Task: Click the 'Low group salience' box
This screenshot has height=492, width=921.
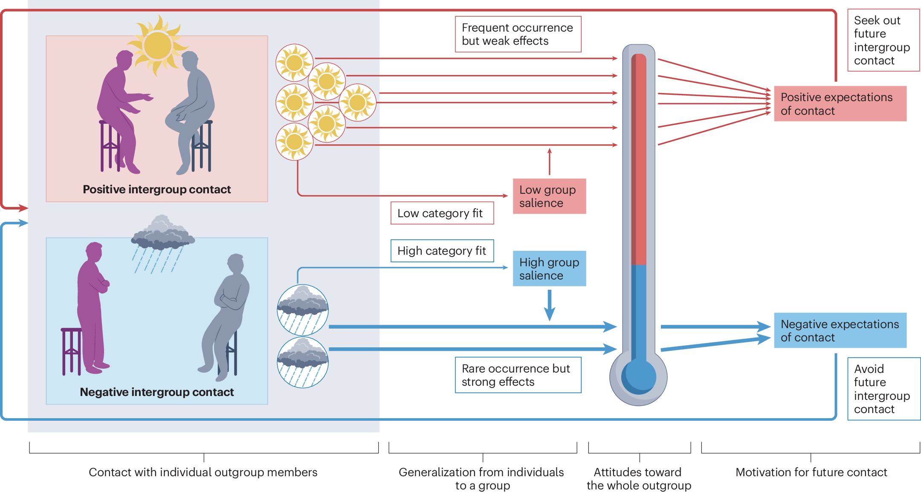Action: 549,196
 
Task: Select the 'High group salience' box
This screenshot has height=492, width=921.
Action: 549,268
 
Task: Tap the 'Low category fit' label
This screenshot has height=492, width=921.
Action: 442,213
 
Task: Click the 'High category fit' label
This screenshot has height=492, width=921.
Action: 442,251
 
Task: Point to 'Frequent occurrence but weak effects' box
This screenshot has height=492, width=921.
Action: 518,34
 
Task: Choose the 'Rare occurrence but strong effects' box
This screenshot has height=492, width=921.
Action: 518,375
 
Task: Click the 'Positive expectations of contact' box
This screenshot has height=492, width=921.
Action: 840,104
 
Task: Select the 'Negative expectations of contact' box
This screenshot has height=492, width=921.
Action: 840,330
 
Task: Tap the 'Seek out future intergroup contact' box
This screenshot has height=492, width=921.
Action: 883,40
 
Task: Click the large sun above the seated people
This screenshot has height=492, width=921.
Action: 158,45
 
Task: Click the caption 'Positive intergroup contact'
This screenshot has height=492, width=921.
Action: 156,189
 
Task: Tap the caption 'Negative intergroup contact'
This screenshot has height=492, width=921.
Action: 156,392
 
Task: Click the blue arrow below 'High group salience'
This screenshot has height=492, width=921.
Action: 550,305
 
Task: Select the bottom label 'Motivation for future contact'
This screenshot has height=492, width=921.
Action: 811,472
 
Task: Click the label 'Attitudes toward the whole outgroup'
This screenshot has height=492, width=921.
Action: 638,478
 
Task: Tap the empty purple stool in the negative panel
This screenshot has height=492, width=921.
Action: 71,350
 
